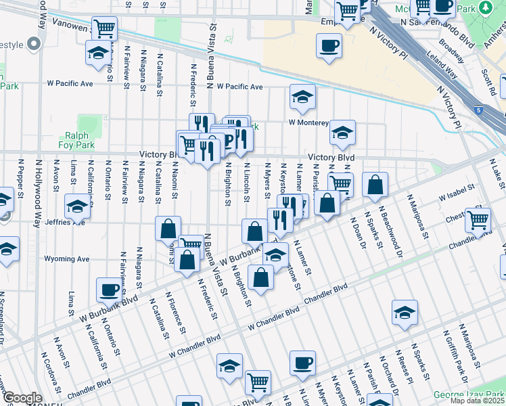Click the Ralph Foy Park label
point(81,140)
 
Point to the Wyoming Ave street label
point(67,258)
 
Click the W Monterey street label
point(308,123)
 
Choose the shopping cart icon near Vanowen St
point(105,28)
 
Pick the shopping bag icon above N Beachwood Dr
point(375,184)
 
